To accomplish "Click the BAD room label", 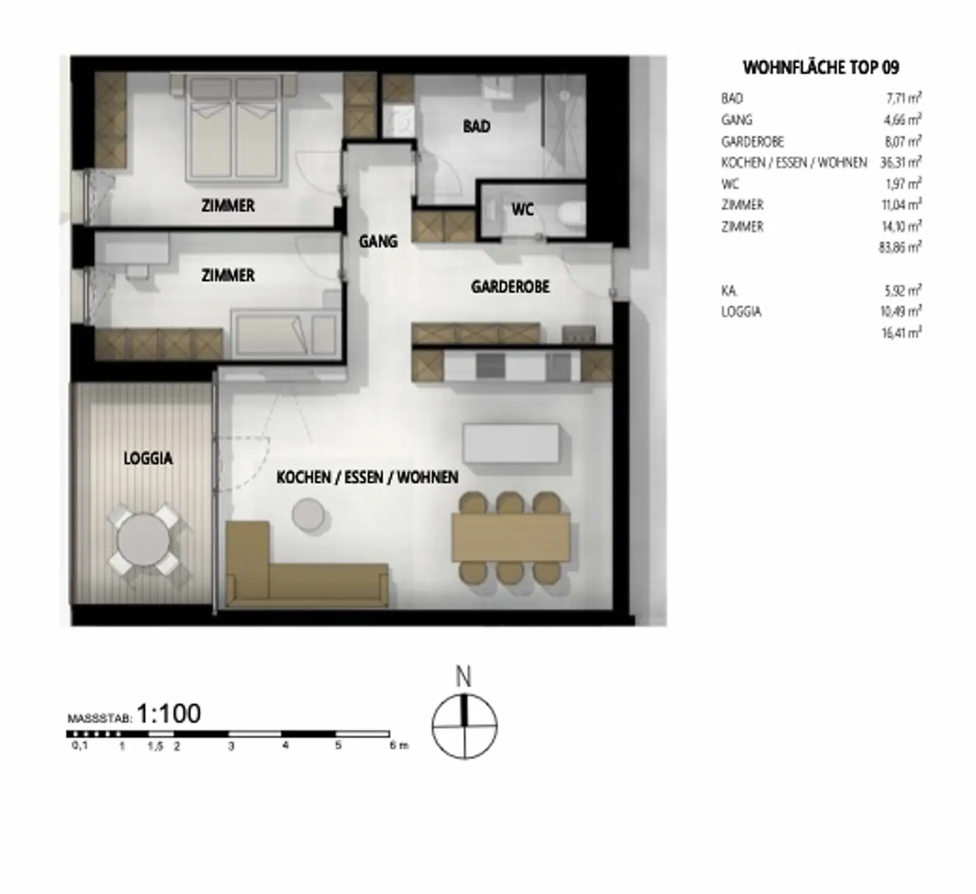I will [x=476, y=127].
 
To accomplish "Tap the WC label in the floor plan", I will [x=522, y=210].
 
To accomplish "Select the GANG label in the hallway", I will [x=378, y=242].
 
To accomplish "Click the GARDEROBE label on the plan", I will [x=510, y=287].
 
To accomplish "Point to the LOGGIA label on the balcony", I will [x=148, y=458].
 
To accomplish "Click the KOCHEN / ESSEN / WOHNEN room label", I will [x=367, y=478].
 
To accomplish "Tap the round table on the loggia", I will [x=144, y=540].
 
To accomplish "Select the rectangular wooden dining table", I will [x=510, y=538].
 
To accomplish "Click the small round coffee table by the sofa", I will [x=308, y=514].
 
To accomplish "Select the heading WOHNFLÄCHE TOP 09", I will [x=821, y=67].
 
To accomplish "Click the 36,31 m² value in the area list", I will [x=900, y=162].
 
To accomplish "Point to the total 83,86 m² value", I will [x=900, y=247].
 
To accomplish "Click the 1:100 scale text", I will [x=169, y=714].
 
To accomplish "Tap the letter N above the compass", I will [x=464, y=677].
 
